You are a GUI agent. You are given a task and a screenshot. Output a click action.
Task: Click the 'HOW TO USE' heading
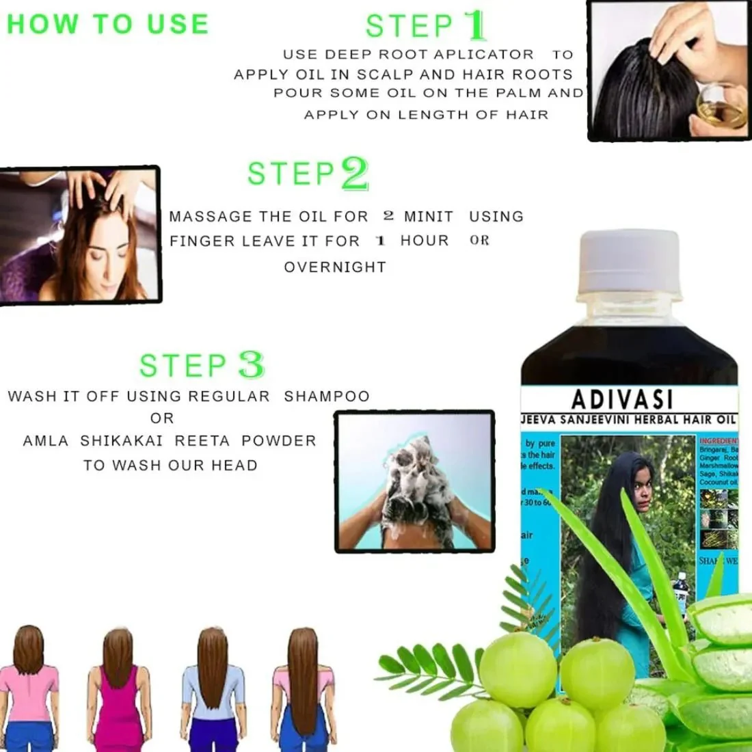pos(107,24)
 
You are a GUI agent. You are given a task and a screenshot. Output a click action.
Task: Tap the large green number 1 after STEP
pos(474,25)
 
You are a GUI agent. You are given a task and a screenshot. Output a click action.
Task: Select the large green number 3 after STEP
pos(251,365)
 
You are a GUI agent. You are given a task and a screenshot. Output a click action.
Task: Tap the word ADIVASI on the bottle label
pos(621,399)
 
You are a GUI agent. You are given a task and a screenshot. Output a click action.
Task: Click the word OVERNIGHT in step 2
pos(335,267)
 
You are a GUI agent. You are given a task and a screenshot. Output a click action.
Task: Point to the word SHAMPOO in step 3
pos(327,397)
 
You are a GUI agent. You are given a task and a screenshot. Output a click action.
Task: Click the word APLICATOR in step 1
pos(472,55)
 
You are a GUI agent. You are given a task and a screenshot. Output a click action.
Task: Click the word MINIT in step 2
pos(428,217)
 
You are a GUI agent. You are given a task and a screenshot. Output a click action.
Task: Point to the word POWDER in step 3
pos(279,441)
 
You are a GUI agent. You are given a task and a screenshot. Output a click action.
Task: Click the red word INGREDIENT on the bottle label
pos(719,442)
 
